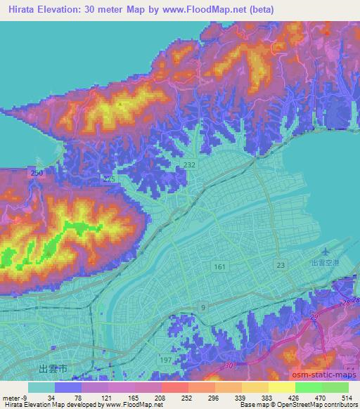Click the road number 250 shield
pyautogui.click(x=37, y=173)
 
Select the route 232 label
pyautogui.click(x=189, y=164)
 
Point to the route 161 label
pyautogui.click(x=219, y=267)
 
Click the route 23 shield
pyautogui.click(x=281, y=265)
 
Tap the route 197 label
pyautogui.click(x=186, y=360)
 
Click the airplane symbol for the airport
pyautogui.click(x=325, y=251)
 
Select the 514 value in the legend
pyautogui.click(x=347, y=397)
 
